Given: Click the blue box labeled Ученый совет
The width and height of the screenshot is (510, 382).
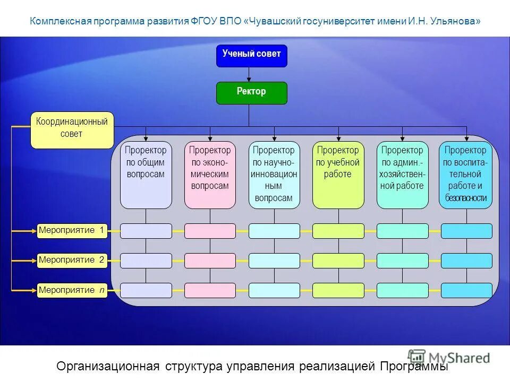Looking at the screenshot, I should pos(251,56).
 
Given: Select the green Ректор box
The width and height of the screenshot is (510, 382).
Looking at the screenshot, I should pos(251,93).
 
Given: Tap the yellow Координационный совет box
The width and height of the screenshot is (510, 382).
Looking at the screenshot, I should pos(72,129).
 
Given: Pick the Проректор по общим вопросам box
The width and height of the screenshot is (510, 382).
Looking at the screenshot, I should pos(146,175).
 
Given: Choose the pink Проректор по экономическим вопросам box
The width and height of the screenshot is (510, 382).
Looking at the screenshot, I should pos(210,175).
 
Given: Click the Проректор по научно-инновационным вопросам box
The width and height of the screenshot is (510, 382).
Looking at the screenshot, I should pos(274,175).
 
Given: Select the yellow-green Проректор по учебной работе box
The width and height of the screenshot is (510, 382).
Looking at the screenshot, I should pos(338,175).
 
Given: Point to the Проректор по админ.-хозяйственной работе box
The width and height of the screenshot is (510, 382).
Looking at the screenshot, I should pos(402,175).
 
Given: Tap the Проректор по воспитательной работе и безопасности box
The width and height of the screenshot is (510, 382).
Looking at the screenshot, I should pos(466,175).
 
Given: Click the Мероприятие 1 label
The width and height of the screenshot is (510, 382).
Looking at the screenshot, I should pos(72,230).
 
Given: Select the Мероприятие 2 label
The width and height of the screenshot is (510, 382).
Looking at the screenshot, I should pos(72,260).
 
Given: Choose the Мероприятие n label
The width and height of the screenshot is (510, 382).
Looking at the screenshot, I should pos(72,290).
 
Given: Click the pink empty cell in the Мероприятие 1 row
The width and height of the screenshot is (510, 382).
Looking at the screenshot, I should pos(210,231).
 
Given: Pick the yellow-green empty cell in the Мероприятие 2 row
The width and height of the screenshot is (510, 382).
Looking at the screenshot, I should pos(338,261).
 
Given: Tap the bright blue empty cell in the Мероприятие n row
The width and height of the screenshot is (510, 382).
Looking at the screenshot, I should pos(466,290).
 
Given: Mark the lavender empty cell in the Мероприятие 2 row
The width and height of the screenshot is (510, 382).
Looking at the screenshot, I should pos(146,261).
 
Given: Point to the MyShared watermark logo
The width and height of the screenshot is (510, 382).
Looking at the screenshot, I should pos(449,357).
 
